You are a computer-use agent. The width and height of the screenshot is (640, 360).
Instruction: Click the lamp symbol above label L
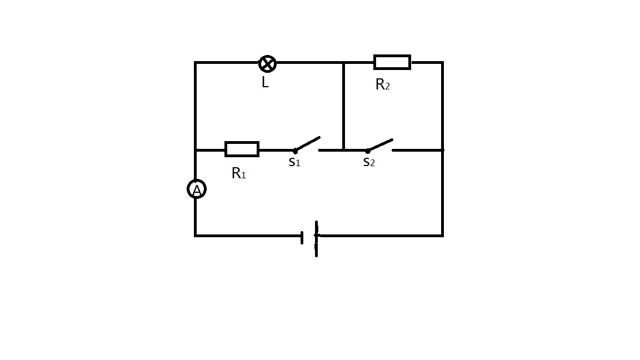(267, 64)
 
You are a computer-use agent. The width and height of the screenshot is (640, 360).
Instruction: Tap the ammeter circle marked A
(196, 189)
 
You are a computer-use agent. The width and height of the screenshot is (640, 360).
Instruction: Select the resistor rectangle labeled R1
(242, 149)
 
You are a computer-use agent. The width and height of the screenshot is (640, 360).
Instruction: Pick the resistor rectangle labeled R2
(392, 62)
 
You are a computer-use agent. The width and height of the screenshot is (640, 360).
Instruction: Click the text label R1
(238, 173)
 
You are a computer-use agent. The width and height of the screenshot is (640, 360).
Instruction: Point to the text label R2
(382, 84)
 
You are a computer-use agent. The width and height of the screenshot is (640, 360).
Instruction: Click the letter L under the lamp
(265, 83)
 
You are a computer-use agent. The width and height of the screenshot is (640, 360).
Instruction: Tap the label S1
(294, 163)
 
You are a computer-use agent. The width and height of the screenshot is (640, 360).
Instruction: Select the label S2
(368, 162)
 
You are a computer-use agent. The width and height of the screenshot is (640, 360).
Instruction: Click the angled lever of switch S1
(308, 144)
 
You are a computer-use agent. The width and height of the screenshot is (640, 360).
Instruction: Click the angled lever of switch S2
(381, 145)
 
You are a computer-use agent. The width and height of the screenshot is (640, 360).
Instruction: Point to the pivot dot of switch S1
(295, 151)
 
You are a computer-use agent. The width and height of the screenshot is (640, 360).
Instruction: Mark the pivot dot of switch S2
(367, 151)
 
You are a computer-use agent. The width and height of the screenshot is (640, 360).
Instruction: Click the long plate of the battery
(317, 239)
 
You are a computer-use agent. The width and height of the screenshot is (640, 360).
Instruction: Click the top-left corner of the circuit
(195, 63)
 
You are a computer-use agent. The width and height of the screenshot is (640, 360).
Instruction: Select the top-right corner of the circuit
(442, 63)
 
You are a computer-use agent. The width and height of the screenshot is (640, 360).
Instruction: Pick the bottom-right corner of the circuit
(442, 236)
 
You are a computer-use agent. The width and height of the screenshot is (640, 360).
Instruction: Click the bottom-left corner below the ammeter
(195, 236)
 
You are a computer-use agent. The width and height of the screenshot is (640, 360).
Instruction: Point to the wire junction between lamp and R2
(344, 63)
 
